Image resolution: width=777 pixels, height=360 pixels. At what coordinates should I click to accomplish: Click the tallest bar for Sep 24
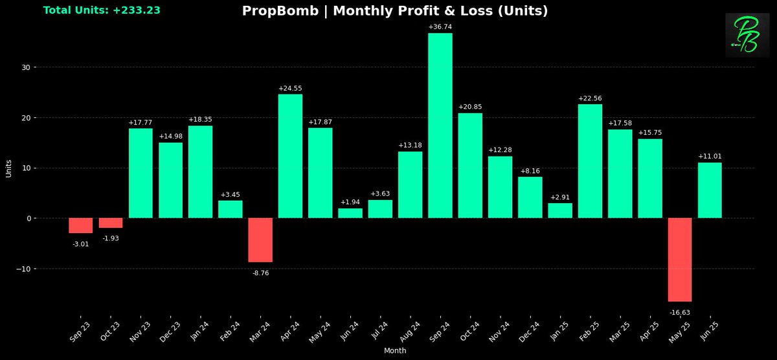(x=440, y=126)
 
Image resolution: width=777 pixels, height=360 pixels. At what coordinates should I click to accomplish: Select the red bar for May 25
(x=680, y=260)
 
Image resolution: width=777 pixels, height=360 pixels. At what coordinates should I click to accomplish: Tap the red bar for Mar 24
(x=260, y=240)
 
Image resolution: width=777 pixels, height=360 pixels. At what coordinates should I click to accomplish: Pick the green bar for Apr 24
(x=290, y=156)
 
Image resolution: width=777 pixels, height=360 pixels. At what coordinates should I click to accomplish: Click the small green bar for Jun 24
(x=350, y=213)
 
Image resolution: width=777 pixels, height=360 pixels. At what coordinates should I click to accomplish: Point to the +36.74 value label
(x=440, y=27)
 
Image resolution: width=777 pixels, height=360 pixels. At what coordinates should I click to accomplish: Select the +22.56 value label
(x=590, y=98)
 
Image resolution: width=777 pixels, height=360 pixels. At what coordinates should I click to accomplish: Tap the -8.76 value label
(x=260, y=273)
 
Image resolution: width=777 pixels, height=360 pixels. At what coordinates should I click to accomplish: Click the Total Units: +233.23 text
(x=102, y=10)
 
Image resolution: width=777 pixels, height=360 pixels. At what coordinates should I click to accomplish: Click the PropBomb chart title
(x=395, y=11)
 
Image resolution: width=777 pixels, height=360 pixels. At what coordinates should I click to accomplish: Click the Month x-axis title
(x=395, y=350)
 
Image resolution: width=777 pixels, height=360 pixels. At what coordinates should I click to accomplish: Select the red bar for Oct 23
(x=111, y=223)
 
